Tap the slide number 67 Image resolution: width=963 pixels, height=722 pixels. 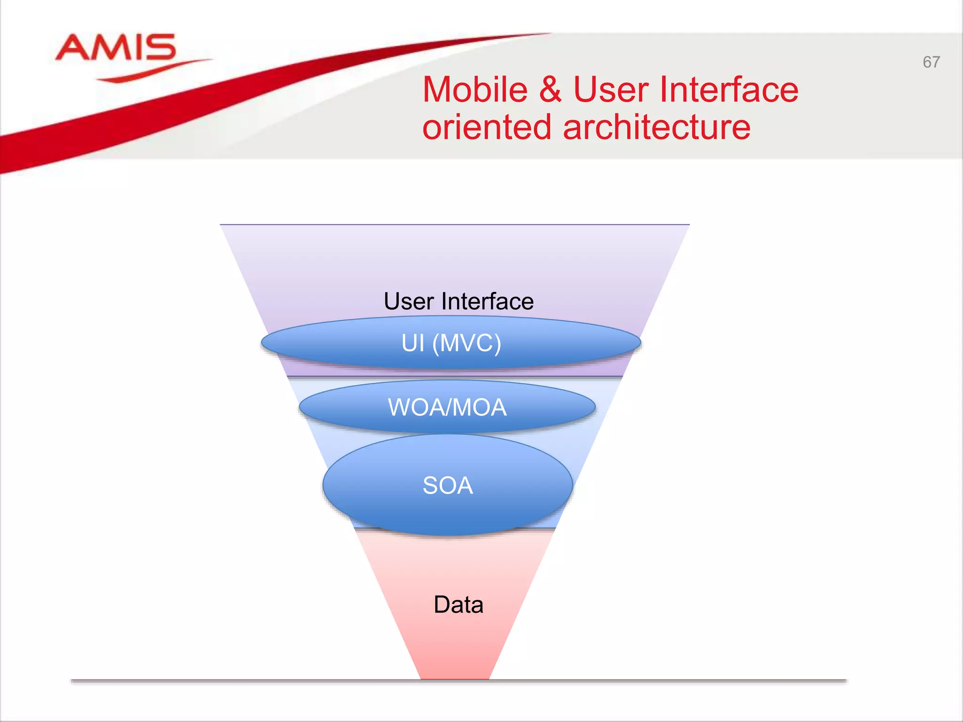[x=931, y=62]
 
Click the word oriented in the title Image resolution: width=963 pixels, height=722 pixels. [x=486, y=127]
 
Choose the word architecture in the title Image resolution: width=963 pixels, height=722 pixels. [x=656, y=127]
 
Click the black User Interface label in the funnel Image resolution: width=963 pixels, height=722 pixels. [x=458, y=301]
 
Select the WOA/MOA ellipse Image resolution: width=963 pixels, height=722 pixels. [x=339, y=407]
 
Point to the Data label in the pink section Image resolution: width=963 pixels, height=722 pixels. [x=458, y=604]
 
